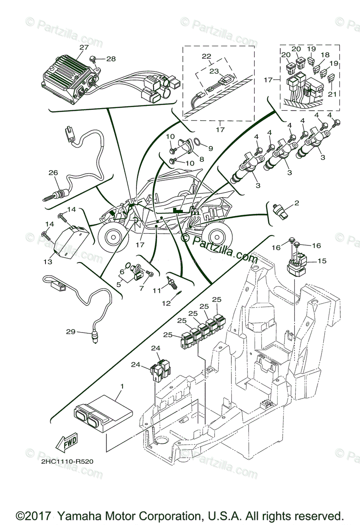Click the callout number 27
[84, 47]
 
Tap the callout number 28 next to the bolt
[111, 59]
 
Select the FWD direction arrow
[66, 443]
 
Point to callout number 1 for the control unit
[122, 386]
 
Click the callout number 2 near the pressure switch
[297, 203]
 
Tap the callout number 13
[48, 262]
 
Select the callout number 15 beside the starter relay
[322, 261]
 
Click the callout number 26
[53, 173]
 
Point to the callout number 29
[70, 332]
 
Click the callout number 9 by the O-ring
[210, 148]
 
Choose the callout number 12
[166, 303]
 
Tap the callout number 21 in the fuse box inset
[332, 94]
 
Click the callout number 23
[214, 71]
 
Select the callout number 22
[206, 56]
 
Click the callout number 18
[325, 55]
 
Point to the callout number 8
[202, 159]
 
